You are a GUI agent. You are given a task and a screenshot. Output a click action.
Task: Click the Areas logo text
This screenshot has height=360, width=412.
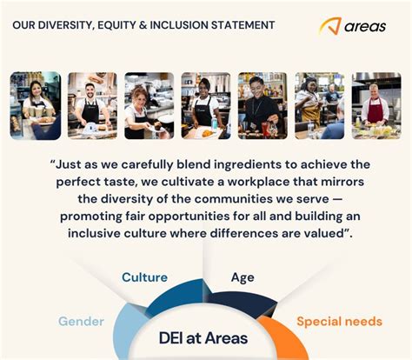[x=368, y=25]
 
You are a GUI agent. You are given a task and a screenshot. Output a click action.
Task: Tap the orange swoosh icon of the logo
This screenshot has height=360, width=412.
[x=329, y=26]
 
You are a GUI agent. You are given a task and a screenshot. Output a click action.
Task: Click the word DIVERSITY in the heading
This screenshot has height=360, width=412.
[x=76, y=24]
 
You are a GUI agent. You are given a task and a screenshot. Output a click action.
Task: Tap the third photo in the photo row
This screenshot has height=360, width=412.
[x=149, y=105]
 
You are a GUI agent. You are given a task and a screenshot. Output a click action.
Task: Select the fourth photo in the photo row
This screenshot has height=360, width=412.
[x=205, y=105]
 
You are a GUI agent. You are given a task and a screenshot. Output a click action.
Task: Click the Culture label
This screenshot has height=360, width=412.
[x=144, y=277]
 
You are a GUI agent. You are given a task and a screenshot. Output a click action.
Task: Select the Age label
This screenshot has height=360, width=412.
[x=243, y=277]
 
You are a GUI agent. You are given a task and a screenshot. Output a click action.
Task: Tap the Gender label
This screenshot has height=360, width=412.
[x=81, y=321]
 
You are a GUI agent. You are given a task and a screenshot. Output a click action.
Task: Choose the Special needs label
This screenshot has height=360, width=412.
[x=339, y=321]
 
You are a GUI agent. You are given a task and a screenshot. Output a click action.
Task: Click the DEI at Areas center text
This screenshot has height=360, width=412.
[x=203, y=337]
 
